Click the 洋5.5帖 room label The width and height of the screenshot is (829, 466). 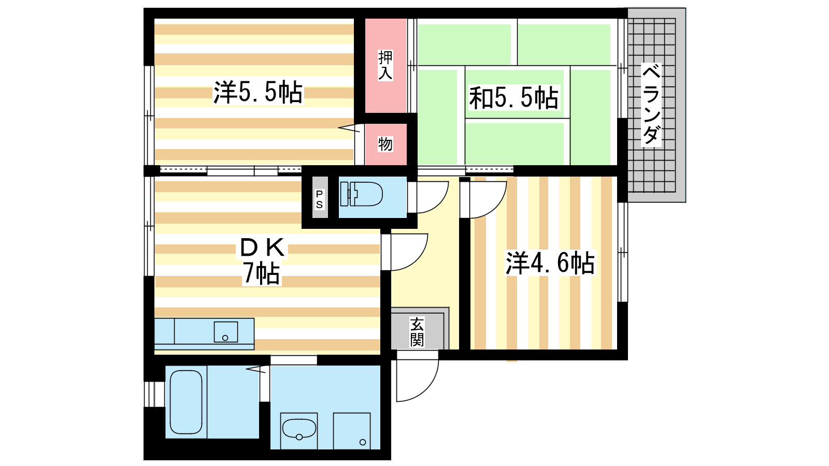pyautogui.click(x=258, y=92)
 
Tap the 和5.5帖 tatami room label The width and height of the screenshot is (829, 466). pyautogui.click(x=513, y=98)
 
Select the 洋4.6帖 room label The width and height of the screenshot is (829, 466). pyautogui.click(x=550, y=263)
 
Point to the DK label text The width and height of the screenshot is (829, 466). pyautogui.click(x=262, y=247)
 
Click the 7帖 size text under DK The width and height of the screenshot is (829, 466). pyautogui.click(x=261, y=273)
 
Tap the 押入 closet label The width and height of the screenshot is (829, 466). pyautogui.click(x=385, y=65)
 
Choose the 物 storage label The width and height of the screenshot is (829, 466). pyautogui.click(x=385, y=144)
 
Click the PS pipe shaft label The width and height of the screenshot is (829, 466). pyautogui.click(x=319, y=199)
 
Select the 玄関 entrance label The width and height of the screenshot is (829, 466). pyautogui.click(x=417, y=332)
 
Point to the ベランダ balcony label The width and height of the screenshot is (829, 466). pyautogui.click(x=651, y=105)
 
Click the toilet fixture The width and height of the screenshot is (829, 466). pyautogui.click(x=361, y=194)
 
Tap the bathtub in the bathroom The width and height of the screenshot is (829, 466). pyautogui.click(x=186, y=402)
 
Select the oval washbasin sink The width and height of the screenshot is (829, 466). pyautogui.click(x=299, y=429)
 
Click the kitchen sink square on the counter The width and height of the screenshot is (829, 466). pyautogui.click(x=226, y=332)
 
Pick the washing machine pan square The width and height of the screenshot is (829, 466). pyautogui.click(x=352, y=431)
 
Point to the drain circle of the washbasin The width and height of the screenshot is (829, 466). pyautogui.click(x=299, y=438)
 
